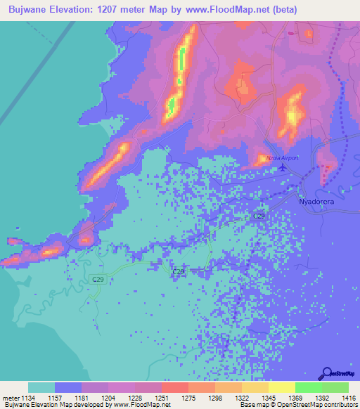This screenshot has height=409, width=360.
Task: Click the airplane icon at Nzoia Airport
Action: point(283,167)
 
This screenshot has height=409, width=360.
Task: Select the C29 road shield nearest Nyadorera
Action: point(259,216)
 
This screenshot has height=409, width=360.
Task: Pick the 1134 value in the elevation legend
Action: point(27,397)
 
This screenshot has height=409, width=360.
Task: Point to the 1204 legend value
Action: point(108,397)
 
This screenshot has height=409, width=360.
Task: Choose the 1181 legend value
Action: point(82,397)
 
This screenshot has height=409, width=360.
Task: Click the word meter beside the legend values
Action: point(9,397)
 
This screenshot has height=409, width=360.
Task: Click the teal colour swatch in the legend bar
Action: point(41,387)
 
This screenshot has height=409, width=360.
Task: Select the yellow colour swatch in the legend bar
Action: point(281,387)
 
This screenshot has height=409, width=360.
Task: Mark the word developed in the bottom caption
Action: point(79,405)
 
